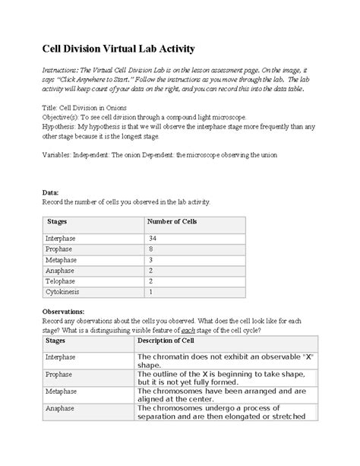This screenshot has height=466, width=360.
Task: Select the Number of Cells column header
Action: click(x=172, y=221)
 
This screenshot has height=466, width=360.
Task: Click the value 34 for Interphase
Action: click(x=153, y=239)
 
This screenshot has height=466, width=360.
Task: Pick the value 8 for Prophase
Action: click(x=152, y=249)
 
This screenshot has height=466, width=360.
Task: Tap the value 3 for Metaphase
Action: click(x=152, y=259)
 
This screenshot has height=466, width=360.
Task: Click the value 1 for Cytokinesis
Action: click(x=152, y=291)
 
